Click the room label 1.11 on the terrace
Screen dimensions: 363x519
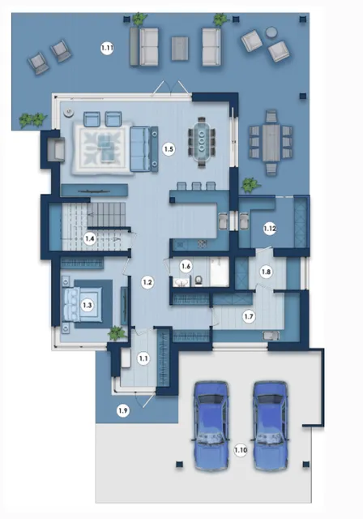coord(107,49)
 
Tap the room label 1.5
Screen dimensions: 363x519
coord(169,149)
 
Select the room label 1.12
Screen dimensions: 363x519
coord(270,229)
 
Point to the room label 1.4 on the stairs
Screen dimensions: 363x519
coord(90,238)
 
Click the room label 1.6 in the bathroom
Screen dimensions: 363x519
coord(186,266)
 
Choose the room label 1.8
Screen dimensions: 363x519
coord(266,272)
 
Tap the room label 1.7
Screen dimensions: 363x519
coord(248,316)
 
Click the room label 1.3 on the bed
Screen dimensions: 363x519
coord(87,305)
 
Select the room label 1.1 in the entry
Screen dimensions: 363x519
coord(143,358)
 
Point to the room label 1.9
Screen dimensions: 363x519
coord(122,411)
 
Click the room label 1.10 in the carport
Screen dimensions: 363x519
coord(241,450)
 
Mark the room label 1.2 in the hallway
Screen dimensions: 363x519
coord(147,282)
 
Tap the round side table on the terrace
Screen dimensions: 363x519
coord(271,32)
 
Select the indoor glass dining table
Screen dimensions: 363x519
coord(202,142)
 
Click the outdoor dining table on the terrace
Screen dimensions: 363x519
coord(271,143)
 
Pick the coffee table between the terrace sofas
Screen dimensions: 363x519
coord(180,49)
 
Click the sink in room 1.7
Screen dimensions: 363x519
coord(271,336)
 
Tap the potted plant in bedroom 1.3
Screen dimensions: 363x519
coord(116,333)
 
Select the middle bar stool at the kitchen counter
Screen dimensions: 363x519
coord(196,186)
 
